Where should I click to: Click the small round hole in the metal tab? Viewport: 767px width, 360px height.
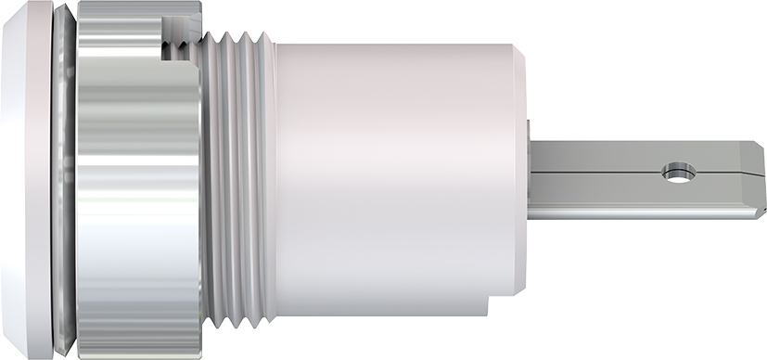(678, 173)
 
